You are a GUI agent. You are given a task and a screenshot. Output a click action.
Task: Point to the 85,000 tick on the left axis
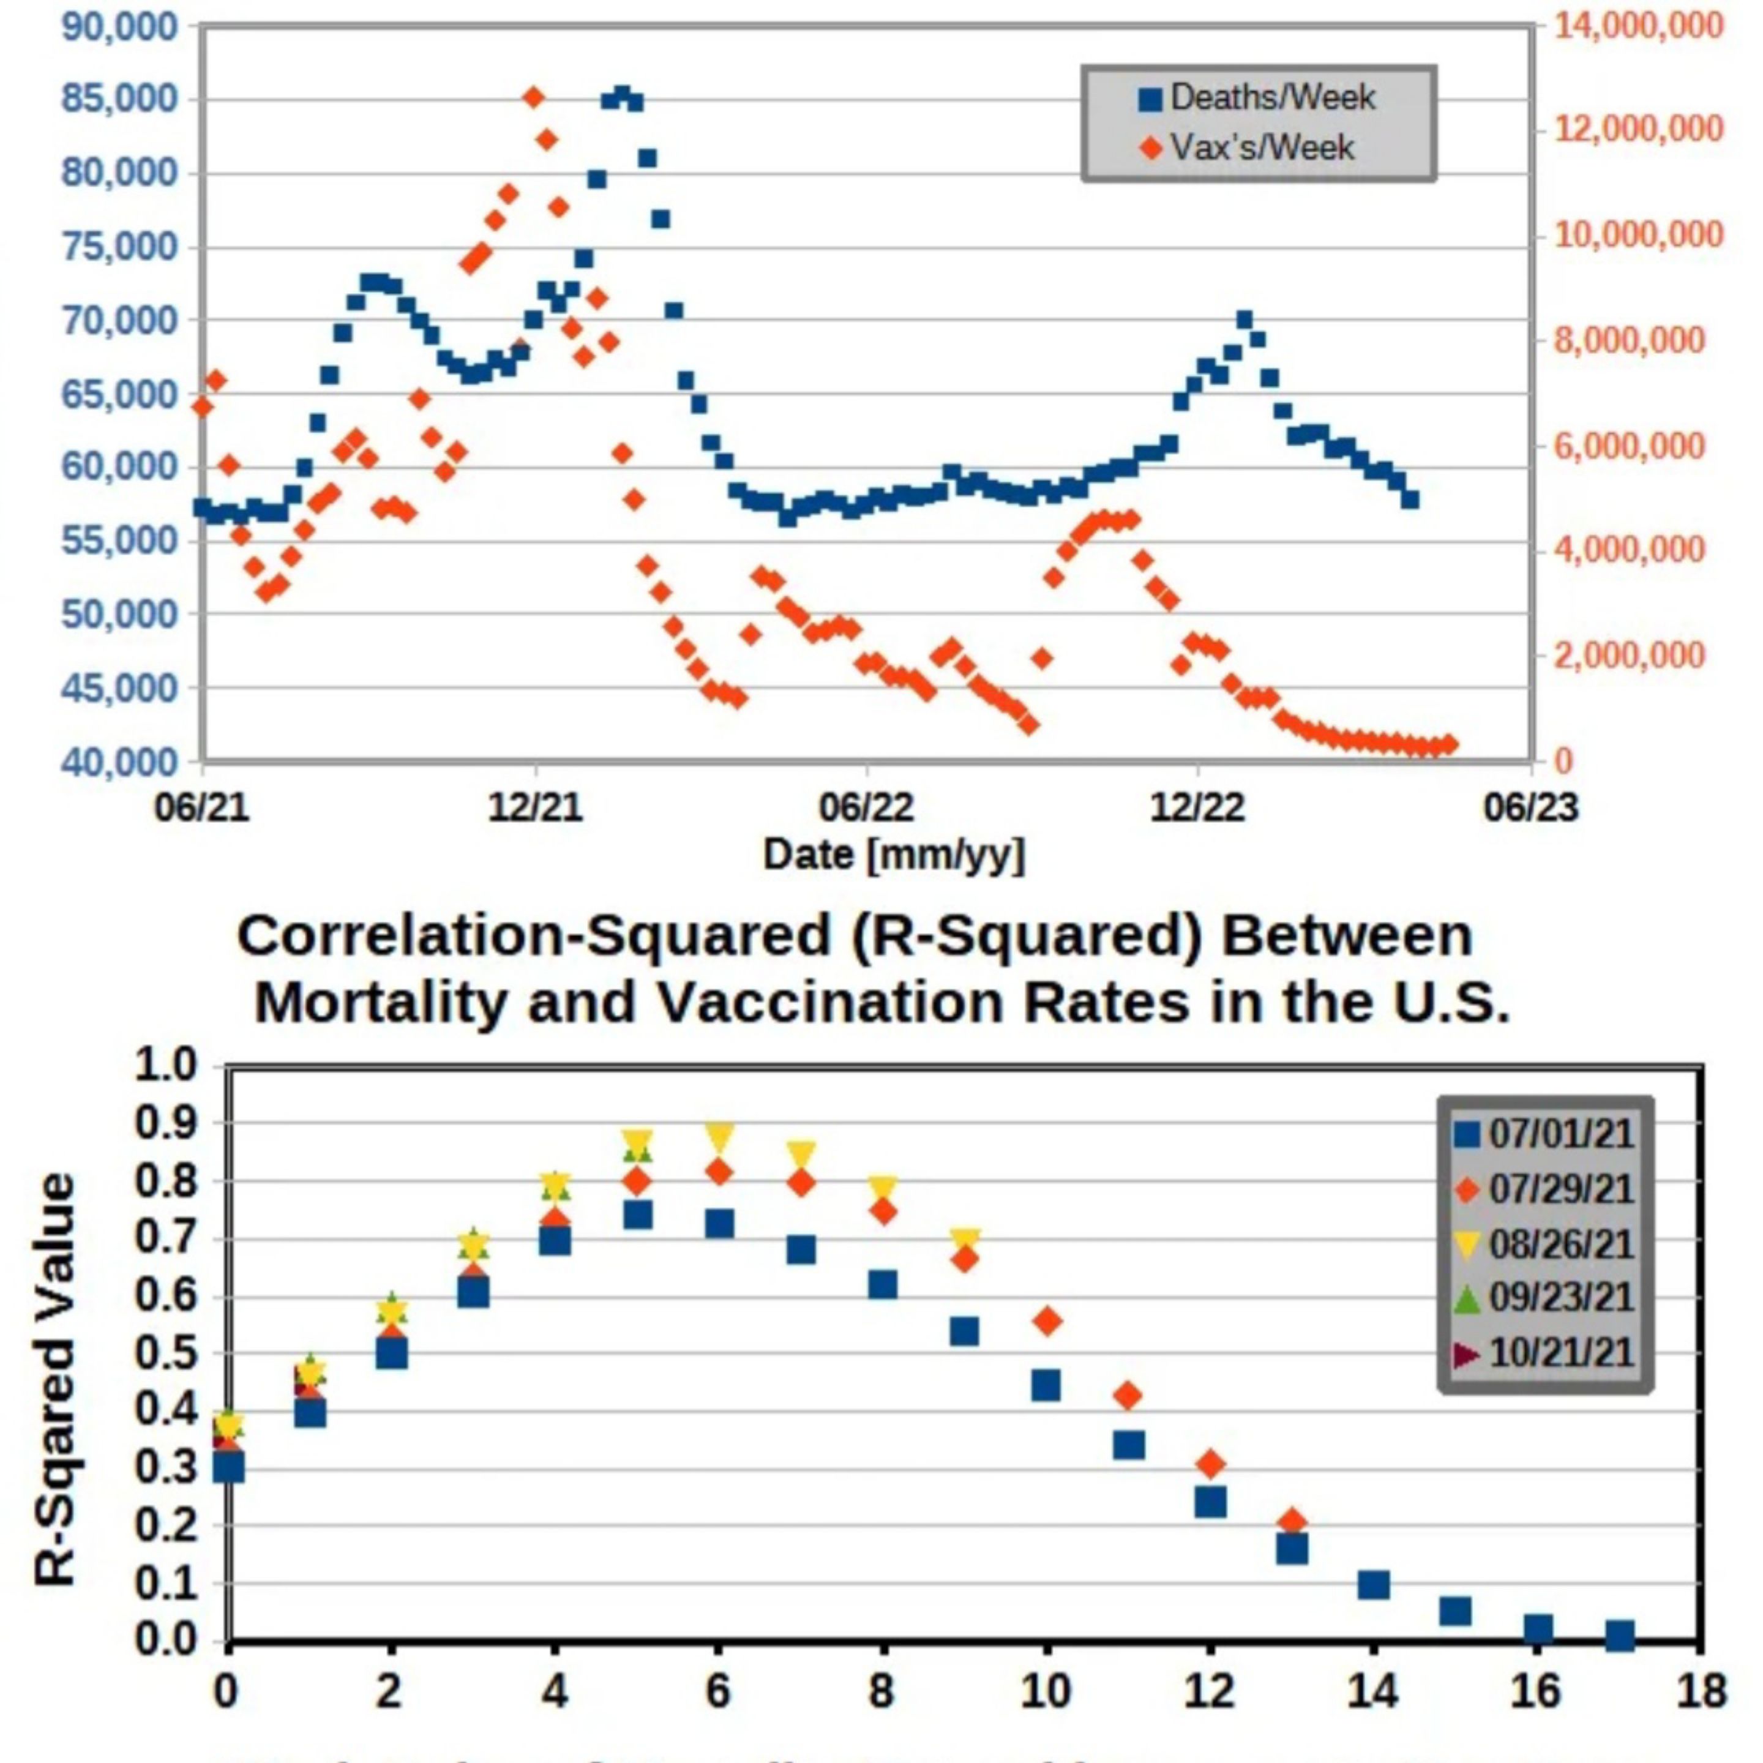[119, 99]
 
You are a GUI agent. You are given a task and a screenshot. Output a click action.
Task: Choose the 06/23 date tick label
[1530, 807]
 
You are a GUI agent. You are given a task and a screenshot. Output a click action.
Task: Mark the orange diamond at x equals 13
[1292, 1521]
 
